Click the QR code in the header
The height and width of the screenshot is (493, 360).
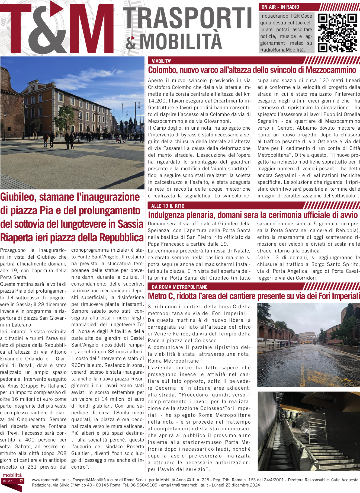pyautogui.click(x=337, y=33)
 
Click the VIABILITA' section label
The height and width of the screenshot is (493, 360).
pyautogui.click(x=161, y=61)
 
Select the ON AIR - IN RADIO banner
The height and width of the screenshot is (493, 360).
pyautogui.click(x=280, y=7)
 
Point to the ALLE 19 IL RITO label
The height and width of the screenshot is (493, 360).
pyautogui.click(x=168, y=206)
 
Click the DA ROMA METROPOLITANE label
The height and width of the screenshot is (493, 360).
pyautogui.click(x=179, y=287)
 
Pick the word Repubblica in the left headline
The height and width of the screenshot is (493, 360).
pyautogui.click(x=121, y=238)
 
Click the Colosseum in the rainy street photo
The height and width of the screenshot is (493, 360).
pyautogui.click(x=307, y=337)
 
